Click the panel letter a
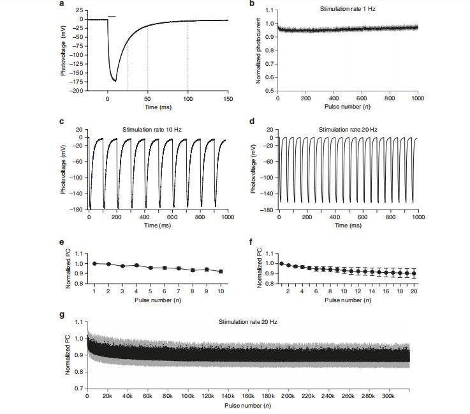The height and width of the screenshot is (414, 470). coord(61,4)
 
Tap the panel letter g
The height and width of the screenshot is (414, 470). coord(61,315)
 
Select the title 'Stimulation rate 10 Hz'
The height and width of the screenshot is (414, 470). coord(152,130)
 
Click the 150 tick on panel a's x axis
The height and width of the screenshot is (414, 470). coord(228,99)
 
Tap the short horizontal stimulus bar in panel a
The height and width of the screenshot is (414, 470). coord(112,16)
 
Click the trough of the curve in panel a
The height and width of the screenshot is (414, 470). coord(115,80)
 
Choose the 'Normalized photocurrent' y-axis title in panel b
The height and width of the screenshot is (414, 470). coord(258,50)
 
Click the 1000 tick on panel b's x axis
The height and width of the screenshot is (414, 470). coord(418,99)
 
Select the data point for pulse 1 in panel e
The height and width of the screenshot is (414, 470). coord(95,263)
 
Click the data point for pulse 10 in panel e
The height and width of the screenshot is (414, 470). coord(221,272)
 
